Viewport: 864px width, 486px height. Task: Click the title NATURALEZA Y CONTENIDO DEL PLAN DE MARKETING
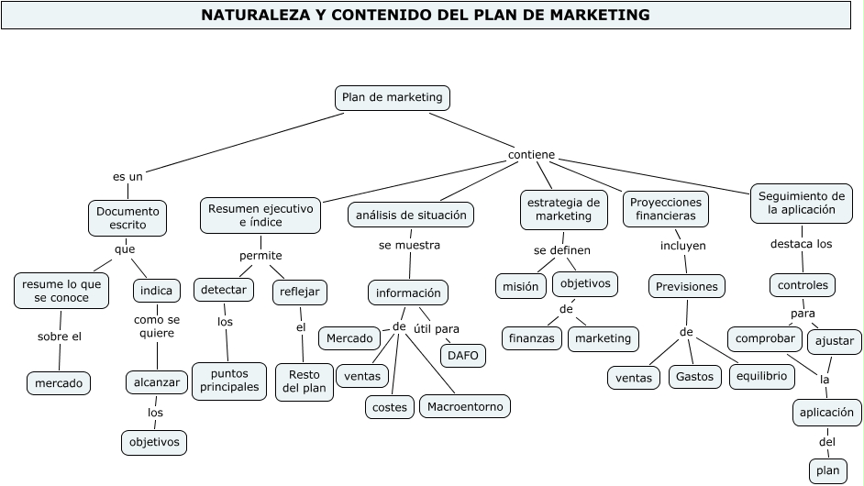[426, 16]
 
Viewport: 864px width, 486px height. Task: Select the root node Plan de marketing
[392, 97]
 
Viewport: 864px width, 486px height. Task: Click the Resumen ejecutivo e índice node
[260, 215]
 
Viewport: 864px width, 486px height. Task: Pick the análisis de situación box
[411, 215]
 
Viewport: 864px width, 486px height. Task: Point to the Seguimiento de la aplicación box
[802, 203]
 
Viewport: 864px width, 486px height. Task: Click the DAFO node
[463, 356]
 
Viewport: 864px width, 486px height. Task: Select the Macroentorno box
[464, 405]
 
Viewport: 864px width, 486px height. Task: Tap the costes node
[390, 406]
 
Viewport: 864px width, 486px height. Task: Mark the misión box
[521, 286]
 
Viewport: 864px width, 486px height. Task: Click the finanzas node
[532, 338]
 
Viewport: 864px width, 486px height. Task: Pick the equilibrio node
[761, 375]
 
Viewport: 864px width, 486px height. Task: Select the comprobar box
[765, 338]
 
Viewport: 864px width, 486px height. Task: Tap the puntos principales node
[229, 381]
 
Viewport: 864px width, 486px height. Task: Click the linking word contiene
[531, 155]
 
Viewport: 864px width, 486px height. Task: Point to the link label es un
[127, 176]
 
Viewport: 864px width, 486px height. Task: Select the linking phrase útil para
[436, 329]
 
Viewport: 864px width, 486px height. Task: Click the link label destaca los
[801, 244]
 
